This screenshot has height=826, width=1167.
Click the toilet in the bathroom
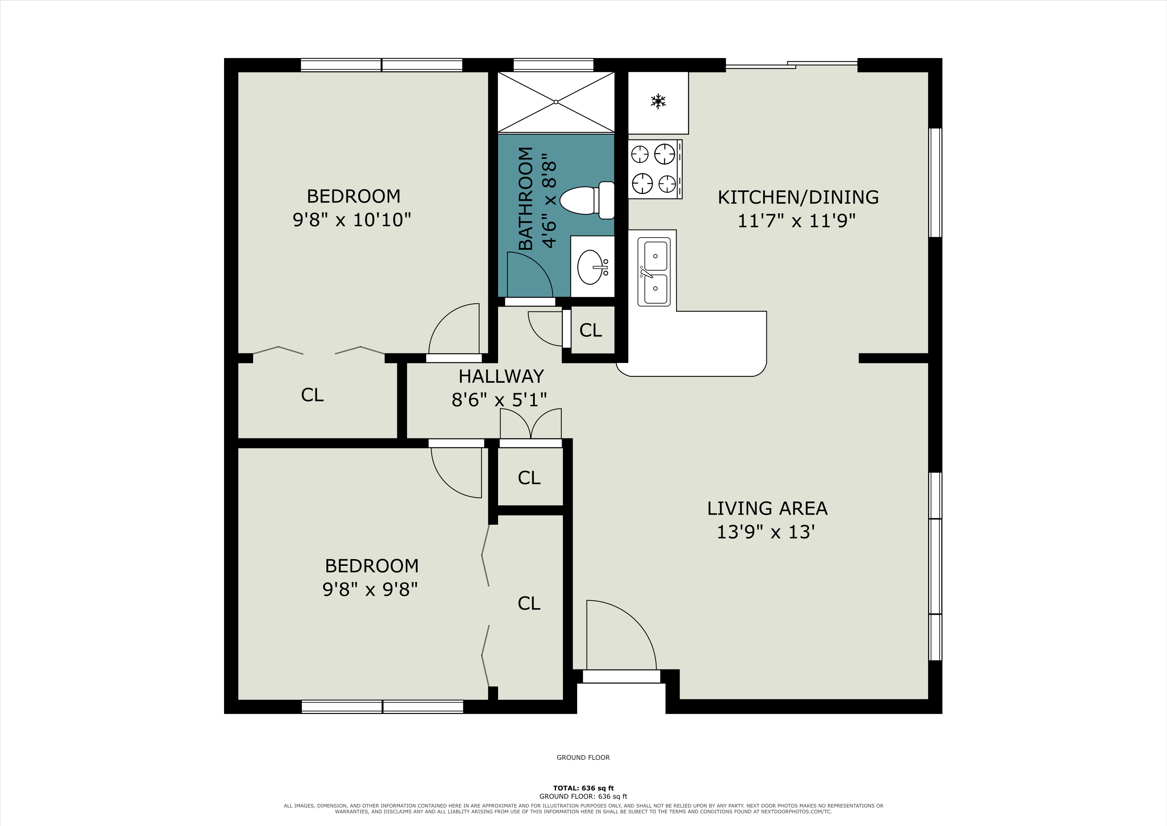pyautogui.click(x=587, y=200)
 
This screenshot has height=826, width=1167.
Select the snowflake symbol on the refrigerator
pyautogui.click(x=658, y=101)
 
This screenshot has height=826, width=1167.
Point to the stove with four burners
pyautogui.click(x=655, y=169)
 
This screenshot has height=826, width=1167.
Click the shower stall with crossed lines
pyautogui.click(x=556, y=102)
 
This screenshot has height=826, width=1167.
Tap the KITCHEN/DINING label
pyautogui.click(x=798, y=197)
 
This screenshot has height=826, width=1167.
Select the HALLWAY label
pyautogui.click(x=501, y=376)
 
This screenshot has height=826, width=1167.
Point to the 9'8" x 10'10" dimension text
pyautogui.click(x=352, y=220)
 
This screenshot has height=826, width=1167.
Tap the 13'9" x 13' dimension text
pyautogui.click(x=766, y=532)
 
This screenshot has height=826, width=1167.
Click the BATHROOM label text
pyautogui.click(x=525, y=198)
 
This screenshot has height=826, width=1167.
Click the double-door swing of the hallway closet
pyautogui.click(x=531, y=423)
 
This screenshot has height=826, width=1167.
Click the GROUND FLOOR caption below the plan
pyautogui.click(x=583, y=757)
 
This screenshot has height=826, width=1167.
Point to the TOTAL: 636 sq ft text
pyautogui.click(x=583, y=788)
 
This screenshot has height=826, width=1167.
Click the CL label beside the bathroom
pyautogui.click(x=591, y=330)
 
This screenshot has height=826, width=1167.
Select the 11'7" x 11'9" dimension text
pyautogui.click(x=796, y=221)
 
